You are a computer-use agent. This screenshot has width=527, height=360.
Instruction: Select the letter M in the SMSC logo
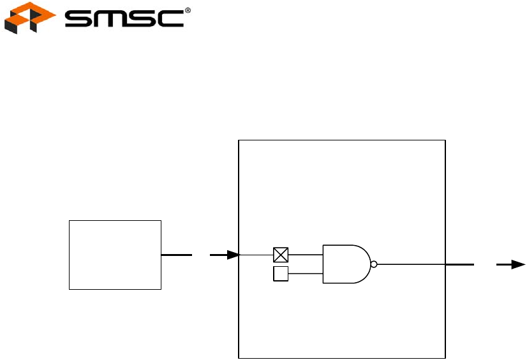(x=110, y=19)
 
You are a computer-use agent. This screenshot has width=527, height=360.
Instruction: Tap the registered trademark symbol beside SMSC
(x=188, y=11)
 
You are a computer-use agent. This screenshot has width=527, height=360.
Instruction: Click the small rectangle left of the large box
(x=115, y=255)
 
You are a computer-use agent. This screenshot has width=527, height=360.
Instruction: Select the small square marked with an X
(x=281, y=255)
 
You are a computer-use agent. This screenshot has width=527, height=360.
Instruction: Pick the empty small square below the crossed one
(x=281, y=274)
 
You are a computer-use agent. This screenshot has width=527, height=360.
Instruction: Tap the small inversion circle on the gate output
(x=374, y=264)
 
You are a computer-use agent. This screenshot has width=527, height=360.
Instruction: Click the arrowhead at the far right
(x=519, y=264)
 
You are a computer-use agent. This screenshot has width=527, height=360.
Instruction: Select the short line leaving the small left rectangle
(x=177, y=255)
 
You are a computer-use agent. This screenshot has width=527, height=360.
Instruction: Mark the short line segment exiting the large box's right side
(x=459, y=264)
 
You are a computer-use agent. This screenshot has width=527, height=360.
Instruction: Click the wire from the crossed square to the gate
(x=306, y=255)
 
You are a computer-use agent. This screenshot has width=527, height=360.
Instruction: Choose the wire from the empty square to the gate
(x=306, y=274)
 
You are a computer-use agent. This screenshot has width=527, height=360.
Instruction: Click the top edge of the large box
(x=341, y=139)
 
